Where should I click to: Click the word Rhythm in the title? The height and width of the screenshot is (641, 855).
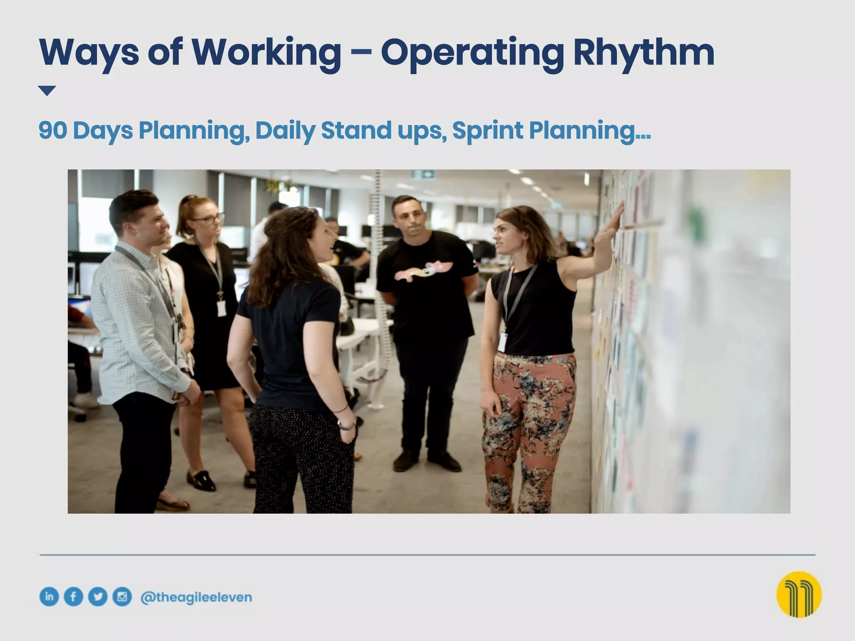click(643, 53)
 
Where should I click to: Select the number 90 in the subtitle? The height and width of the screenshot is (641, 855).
click(53, 130)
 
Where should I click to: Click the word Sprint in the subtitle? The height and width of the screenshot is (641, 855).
click(487, 130)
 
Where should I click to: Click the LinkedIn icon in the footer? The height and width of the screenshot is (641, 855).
click(49, 597)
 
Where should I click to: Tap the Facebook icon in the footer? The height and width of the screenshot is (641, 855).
click(73, 597)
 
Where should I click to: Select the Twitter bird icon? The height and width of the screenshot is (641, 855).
click(98, 597)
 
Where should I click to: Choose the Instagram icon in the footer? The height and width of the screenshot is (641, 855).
click(122, 597)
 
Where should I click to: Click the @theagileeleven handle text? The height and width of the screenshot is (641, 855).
click(196, 597)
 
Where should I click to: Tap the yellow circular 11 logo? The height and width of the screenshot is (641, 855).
click(799, 595)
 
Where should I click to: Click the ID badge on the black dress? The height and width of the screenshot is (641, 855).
click(221, 308)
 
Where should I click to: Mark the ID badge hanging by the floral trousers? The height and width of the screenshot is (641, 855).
click(502, 342)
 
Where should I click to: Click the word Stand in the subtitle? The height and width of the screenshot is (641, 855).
click(356, 130)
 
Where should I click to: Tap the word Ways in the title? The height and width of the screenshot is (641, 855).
click(89, 53)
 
